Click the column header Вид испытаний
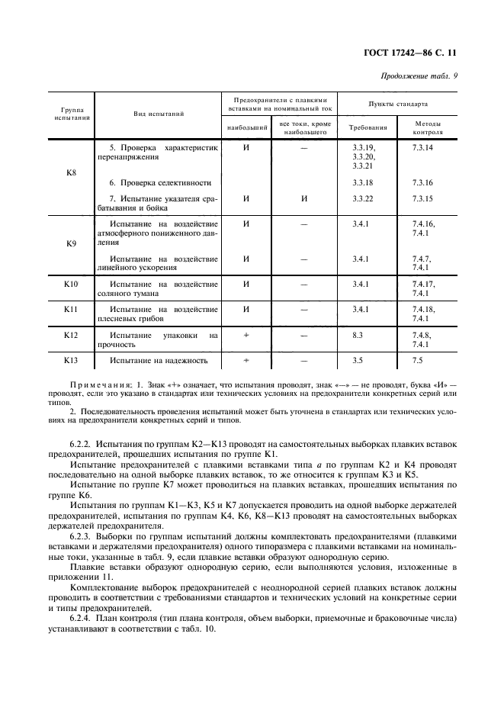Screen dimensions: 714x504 tap(159, 113)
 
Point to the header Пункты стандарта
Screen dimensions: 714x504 tap(397, 103)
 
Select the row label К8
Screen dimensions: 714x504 tap(72, 172)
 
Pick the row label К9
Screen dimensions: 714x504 tap(72, 244)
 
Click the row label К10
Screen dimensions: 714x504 tap(72, 285)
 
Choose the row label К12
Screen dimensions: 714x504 tap(72, 335)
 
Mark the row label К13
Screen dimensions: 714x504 tap(72, 360)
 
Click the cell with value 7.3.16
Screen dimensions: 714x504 tap(422, 183)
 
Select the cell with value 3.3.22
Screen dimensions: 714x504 tap(363, 199)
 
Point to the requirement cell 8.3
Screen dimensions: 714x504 tap(358, 335)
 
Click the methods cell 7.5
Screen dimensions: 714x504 tap(417, 360)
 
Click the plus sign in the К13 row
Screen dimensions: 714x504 tap(246, 360)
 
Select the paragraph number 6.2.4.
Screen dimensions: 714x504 tap(83, 618)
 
